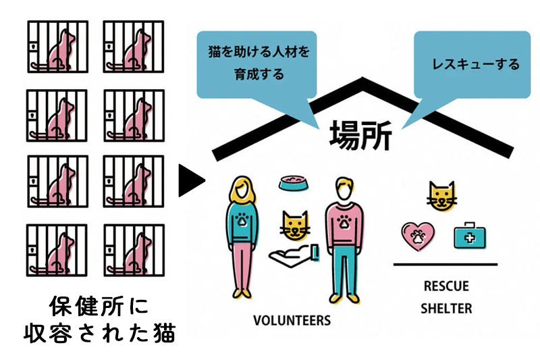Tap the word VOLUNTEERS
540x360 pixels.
coord(292,319)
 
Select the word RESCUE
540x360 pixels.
coord(446,286)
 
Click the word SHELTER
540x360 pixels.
coord(446,309)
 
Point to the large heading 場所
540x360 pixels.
coord(360,134)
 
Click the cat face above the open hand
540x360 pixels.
coord(295,226)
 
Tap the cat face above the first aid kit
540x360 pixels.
coord(441,196)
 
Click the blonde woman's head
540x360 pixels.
coord(242,189)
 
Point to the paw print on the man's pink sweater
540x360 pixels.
coord(343,221)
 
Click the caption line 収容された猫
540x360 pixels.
coord(97,334)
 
